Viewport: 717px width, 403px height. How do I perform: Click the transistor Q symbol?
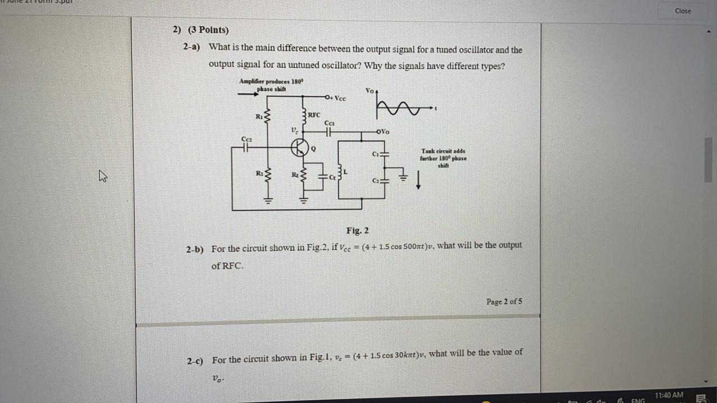(x=300, y=148)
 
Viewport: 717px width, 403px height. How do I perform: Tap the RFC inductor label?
(x=314, y=115)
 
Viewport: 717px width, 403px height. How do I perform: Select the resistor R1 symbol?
(x=267, y=116)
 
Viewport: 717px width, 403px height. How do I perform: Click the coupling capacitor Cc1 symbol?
(x=329, y=132)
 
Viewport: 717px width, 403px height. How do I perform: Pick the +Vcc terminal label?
(x=338, y=99)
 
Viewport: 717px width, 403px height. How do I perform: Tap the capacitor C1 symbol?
(x=384, y=153)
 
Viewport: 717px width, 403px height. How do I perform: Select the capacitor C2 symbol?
(x=384, y=180)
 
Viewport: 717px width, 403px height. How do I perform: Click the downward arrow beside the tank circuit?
(x=418, y=181)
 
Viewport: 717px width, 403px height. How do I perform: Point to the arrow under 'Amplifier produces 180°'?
(x=248, y=94)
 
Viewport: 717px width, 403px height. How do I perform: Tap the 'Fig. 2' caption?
(x=357, y=231)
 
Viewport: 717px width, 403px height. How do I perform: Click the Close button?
(x=683, y=11)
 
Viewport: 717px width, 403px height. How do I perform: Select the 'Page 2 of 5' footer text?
(x=504, y=302)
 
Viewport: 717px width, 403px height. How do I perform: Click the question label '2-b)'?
(x=195, y=250)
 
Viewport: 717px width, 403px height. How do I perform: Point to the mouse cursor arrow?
(x=103, y=176)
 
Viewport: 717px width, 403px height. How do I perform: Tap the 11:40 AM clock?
(x=669, y=395)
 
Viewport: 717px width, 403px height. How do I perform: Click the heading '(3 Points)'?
(x=208, y=30)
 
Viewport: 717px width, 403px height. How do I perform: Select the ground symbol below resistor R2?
(x=268, y=200)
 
